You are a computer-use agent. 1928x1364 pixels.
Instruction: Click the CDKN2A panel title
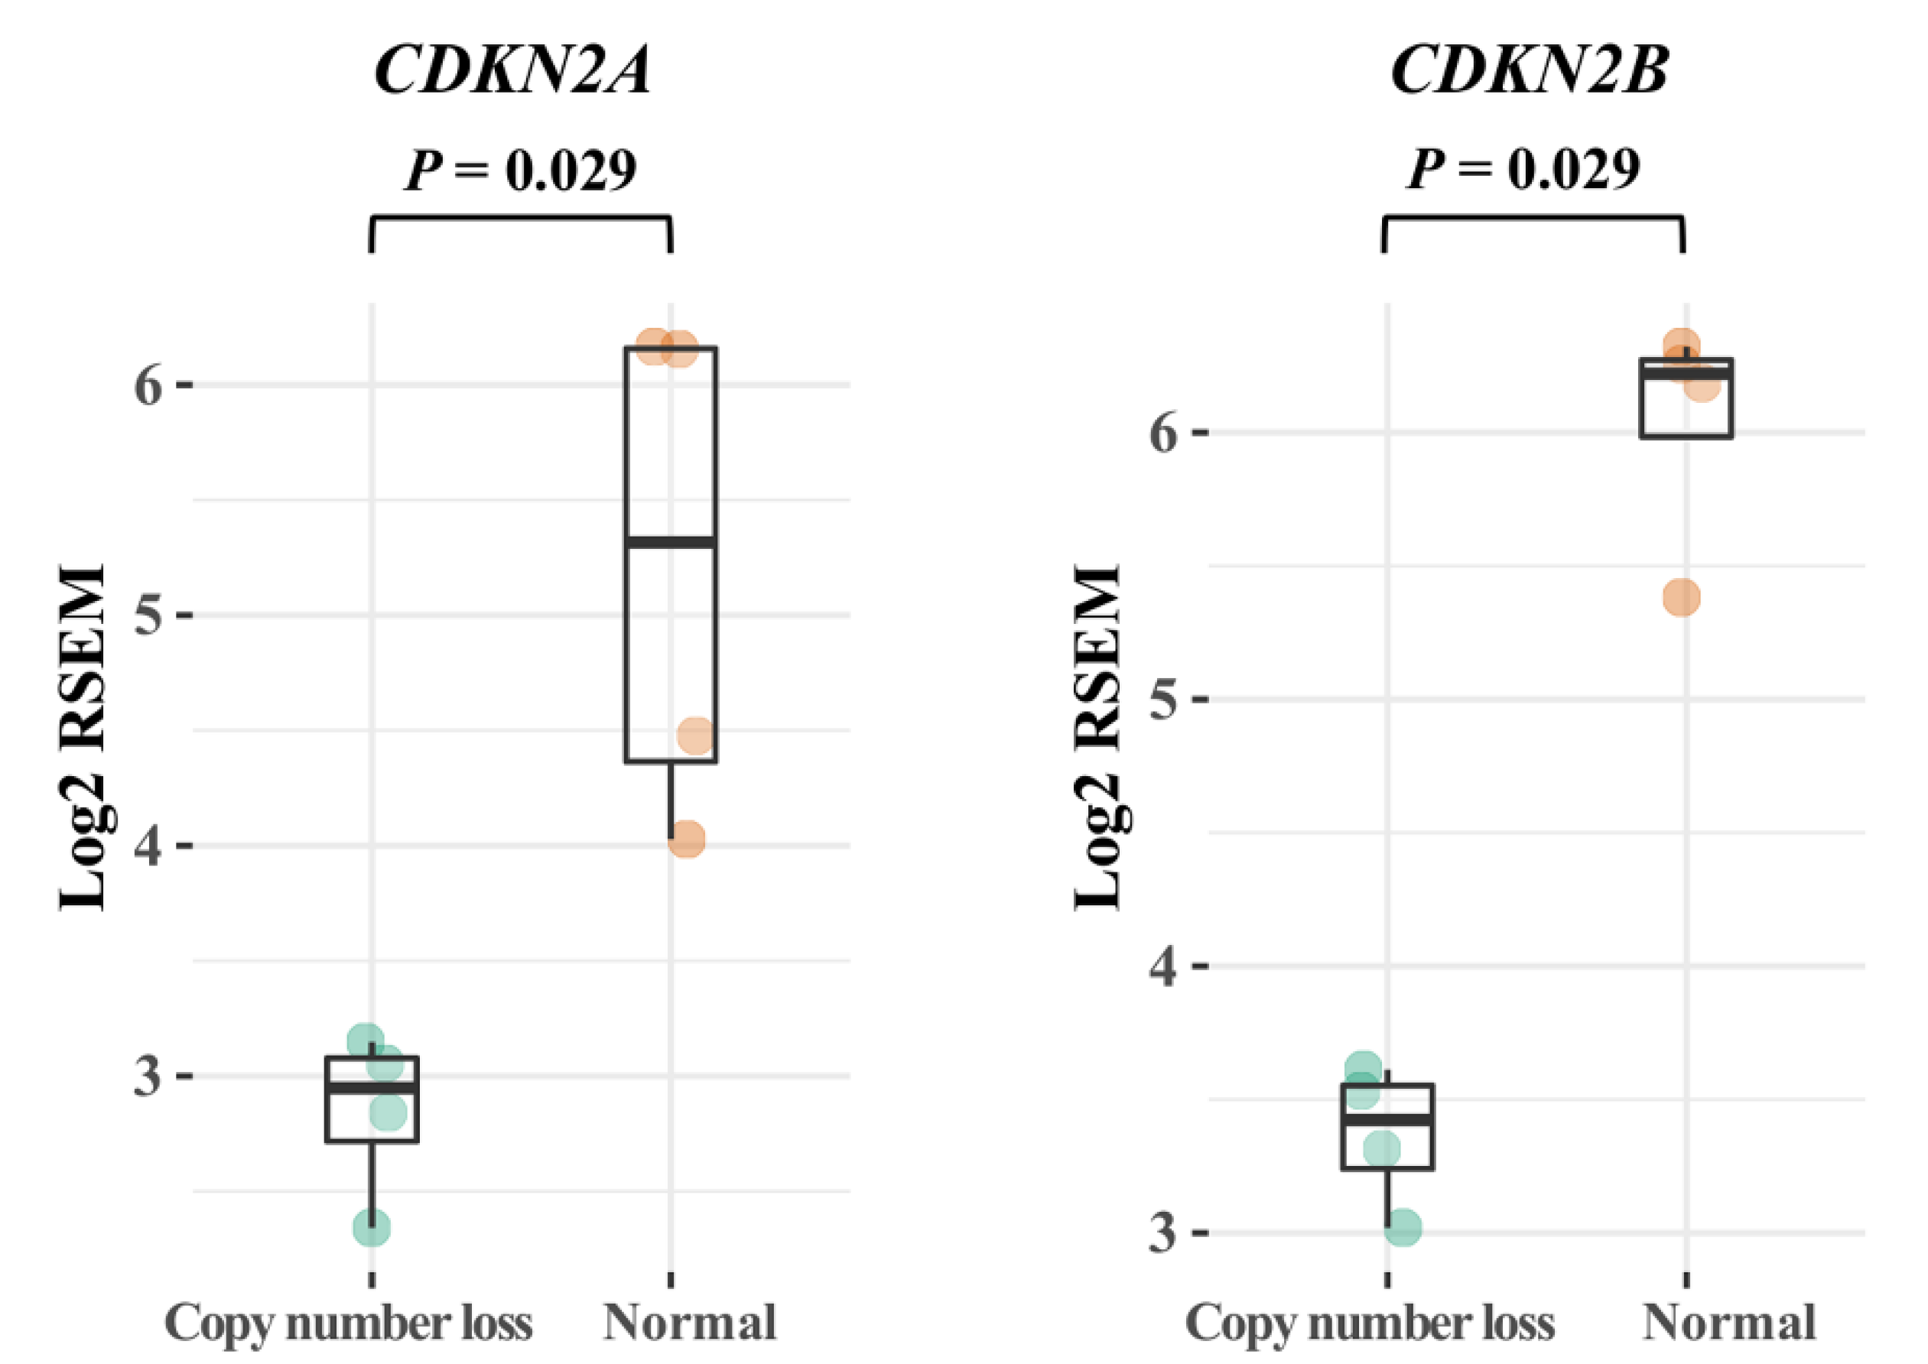[x=512, y=69]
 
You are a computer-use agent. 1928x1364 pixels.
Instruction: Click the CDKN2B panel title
[x=1529, y=69]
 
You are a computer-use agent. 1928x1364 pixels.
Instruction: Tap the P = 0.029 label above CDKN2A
[x=520, y=170]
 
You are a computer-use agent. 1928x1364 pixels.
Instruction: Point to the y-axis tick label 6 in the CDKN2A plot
[x=148, y=386]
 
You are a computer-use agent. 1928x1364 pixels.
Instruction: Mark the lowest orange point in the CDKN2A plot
[x=686, y=839]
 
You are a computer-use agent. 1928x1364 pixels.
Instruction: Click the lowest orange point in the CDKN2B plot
[x=1682, y=598]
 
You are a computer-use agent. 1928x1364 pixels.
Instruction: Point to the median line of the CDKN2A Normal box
[x=671, y=543]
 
